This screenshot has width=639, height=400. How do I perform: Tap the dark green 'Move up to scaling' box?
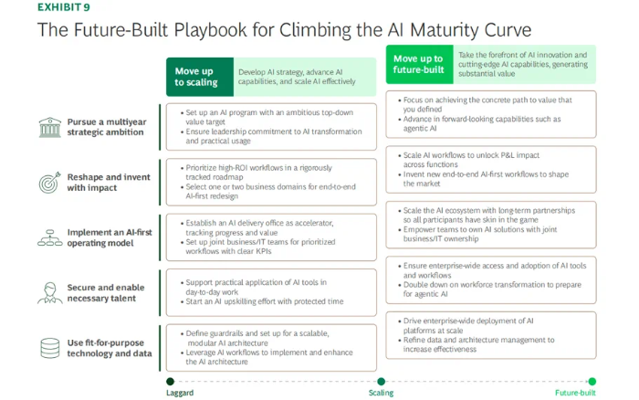[196, 77]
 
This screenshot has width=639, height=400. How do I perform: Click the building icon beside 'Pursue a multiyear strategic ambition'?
[48, 126]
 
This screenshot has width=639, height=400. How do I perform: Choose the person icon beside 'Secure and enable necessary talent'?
[48, 293]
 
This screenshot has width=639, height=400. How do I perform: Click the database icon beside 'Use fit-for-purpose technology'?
[48, 348]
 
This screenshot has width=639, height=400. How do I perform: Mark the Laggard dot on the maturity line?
[170, 381]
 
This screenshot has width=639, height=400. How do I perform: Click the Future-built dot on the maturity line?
[592, 381]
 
